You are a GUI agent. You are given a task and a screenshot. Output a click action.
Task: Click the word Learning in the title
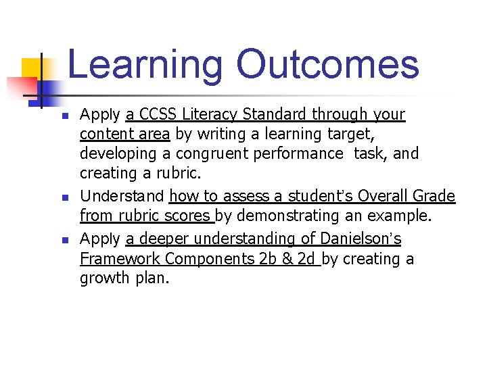(145, 66)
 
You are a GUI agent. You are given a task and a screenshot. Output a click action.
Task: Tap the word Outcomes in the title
(327, 64)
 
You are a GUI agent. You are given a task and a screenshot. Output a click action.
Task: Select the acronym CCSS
(158, 114)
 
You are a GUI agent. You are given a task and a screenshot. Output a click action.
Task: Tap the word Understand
(122, 196)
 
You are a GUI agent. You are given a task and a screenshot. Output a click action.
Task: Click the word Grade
(434, 196)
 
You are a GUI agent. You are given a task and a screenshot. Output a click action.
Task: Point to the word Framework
(120, 258)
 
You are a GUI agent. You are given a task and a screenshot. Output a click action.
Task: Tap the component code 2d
(306, 258)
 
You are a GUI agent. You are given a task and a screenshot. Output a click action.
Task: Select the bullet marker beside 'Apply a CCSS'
(64, 116)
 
